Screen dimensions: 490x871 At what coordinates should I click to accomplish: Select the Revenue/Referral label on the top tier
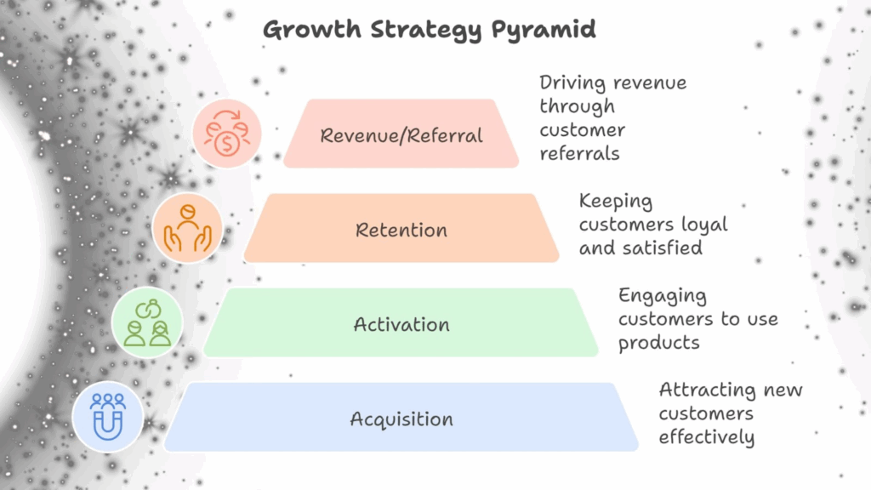(401, 135)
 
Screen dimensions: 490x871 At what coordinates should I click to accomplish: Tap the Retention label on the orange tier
(401, 230)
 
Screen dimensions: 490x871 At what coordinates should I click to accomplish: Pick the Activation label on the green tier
(401, 324)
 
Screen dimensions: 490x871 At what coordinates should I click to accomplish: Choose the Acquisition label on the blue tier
(401, 419)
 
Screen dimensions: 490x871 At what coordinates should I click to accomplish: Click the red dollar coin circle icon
(227, 134)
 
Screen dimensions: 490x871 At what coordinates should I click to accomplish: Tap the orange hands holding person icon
(187, 229)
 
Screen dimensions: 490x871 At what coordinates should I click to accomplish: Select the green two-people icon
(147, 323)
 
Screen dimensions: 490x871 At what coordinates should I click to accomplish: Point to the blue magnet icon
(107, 418)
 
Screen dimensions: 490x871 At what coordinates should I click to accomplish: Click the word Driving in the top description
(574, 83)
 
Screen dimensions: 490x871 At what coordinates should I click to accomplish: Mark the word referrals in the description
(579, 154)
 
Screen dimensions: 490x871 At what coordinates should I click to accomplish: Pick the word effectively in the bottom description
(706, 437)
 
